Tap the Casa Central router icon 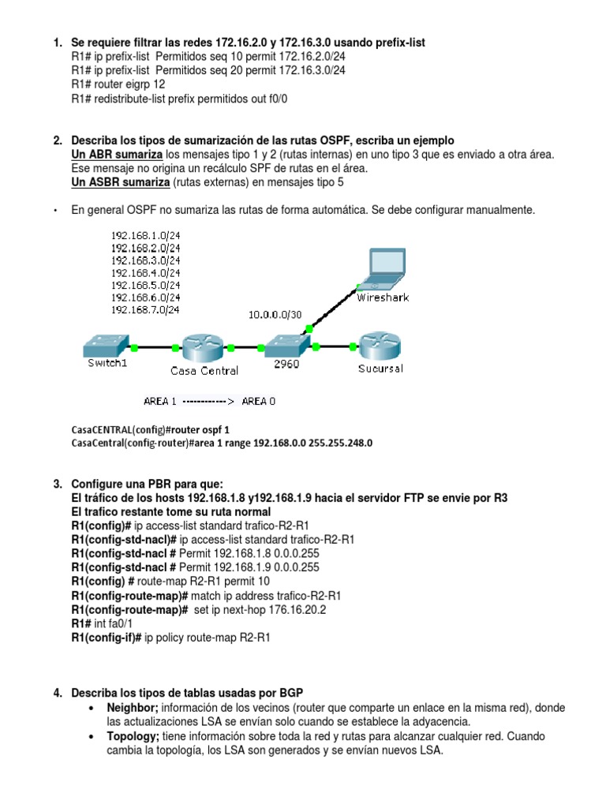[204, 347]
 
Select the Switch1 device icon [104, 346]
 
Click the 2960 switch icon [285, 346]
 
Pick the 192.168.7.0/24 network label [146, 310]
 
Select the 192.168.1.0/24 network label [146, 234]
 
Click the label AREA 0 [259, 401]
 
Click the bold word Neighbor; [133, 708]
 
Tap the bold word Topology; [133, 736]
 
